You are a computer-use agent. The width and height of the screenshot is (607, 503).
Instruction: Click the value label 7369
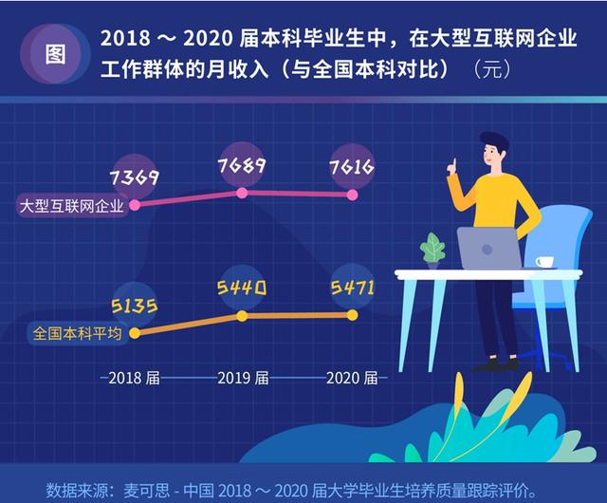134,177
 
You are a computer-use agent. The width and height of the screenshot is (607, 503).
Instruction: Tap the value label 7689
243,166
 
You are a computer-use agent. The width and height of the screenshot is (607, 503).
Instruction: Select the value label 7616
350,168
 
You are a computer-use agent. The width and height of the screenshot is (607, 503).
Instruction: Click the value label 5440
243,287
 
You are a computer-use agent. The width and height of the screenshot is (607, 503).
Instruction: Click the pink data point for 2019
243,193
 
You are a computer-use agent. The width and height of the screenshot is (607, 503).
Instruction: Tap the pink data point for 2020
353,195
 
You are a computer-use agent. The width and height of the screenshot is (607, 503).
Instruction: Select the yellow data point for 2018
134,333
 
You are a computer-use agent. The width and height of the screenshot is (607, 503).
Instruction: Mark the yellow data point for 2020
353,314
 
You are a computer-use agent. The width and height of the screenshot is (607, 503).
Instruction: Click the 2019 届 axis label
243,378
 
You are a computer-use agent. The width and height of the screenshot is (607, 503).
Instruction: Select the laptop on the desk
490,249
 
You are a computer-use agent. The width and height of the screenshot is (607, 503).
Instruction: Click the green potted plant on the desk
432,251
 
